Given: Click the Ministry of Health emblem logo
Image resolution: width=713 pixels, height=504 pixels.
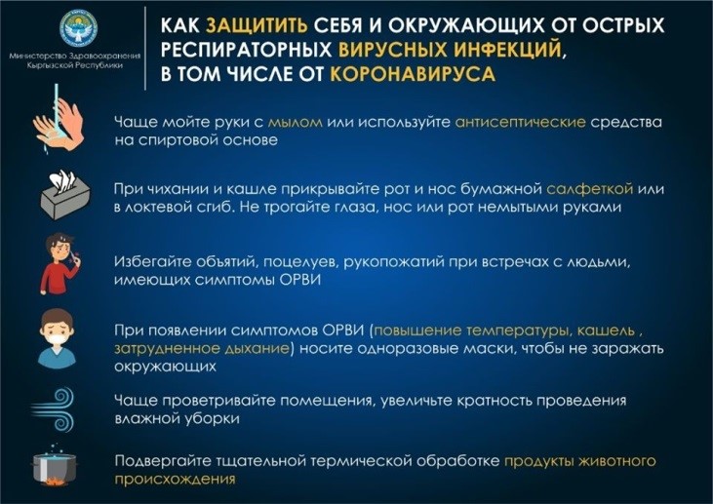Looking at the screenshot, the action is pos(78,28).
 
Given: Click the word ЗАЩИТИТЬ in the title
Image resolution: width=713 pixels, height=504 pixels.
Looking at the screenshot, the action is pos(257,26).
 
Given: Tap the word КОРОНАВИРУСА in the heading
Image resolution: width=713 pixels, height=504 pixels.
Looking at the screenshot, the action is pos(413,74).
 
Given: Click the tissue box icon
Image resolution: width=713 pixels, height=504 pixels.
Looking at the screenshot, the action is pos(65,195).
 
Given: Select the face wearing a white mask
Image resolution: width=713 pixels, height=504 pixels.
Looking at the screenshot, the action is pos(57,337).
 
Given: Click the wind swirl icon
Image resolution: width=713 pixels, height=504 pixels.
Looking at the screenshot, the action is pos(53,409).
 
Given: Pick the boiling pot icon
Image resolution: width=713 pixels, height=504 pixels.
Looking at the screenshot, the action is pos(54,466).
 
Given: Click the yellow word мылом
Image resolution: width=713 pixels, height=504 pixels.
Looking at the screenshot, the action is pos(296,122).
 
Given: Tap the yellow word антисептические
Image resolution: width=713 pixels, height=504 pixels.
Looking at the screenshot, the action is pos(520,122).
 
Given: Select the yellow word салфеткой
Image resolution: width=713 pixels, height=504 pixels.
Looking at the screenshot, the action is pos(589,188).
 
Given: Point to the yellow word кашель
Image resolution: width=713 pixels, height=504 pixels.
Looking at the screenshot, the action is pos(606,330).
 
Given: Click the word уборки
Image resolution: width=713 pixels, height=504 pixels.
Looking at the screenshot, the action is pos(211,418).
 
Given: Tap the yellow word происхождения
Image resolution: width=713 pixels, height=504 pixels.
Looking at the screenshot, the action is pos(175,480).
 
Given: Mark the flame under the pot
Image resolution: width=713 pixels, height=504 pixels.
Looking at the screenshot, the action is pos(54,482).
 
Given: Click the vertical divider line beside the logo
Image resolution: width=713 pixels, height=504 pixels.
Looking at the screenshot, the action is pos(145,48).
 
